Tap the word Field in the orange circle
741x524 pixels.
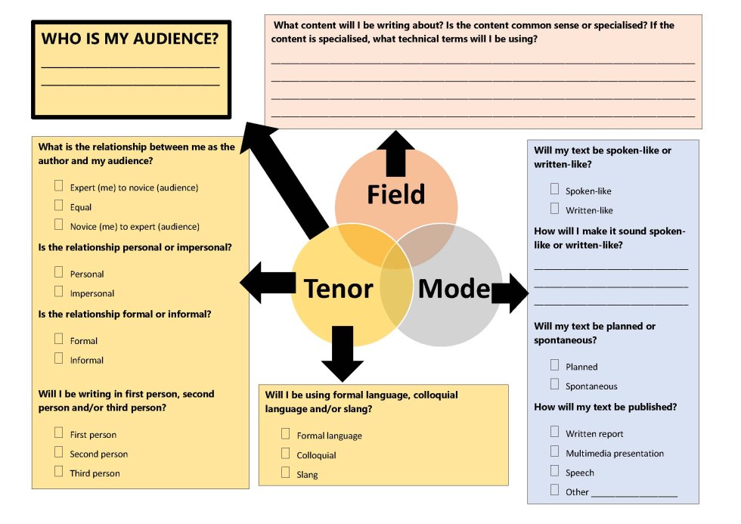[395, 194]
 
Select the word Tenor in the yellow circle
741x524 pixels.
[338, 288]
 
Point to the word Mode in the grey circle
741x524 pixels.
[454, 288]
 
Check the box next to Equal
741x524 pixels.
[59, 206]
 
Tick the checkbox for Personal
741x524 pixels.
[59, 272]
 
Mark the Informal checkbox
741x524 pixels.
[59, 358]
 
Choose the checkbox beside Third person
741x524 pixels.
[59, 472]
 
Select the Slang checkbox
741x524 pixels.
[285, 473]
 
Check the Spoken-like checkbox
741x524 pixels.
[555, 190]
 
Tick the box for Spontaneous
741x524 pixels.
[555, 385]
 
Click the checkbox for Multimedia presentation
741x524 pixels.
[555, 452]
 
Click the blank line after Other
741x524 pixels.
[634, 493]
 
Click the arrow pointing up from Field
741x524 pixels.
[396, 153]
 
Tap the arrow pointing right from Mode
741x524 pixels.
[510, 292]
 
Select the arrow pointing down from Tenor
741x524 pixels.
[343, 354]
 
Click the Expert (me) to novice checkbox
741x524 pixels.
[59, 186]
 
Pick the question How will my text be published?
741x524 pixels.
[605, 407]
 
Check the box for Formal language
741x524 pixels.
[285, 434]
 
